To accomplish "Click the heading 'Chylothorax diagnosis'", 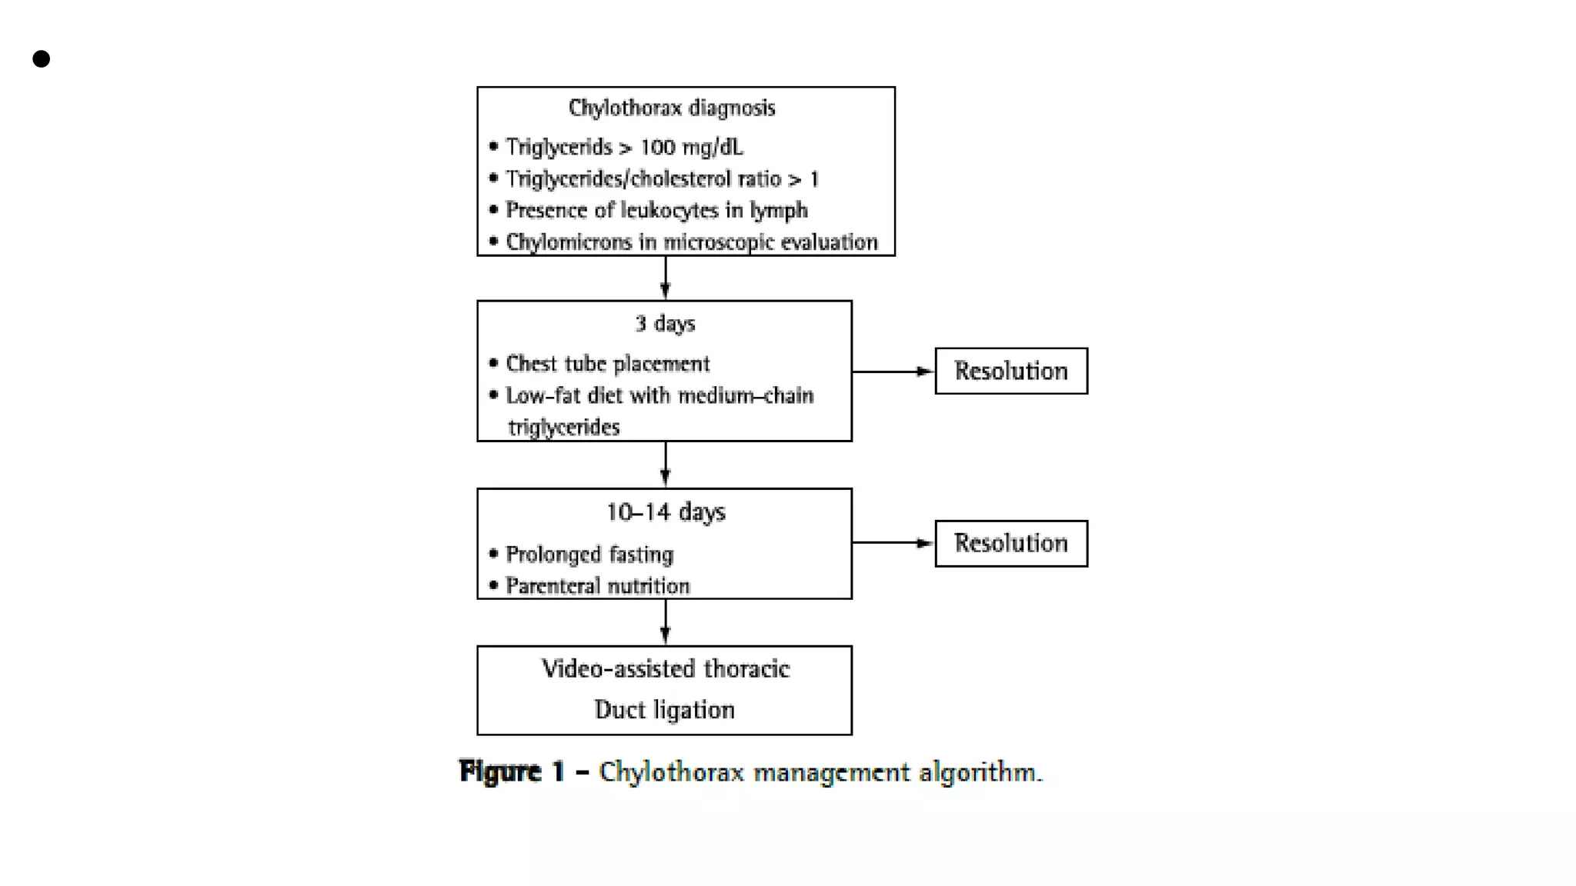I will click(x=671, y=108).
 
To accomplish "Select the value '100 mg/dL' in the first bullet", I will click(x=691, y=147).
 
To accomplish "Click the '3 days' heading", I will click(x=665, y=324).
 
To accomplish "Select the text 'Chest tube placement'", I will click(x=607, y=364).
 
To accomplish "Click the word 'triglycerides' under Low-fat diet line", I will click(x=563, y=428).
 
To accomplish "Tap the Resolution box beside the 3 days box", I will click(x=1010, y=371).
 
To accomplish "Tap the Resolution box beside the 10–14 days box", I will click(x=1010, y=544).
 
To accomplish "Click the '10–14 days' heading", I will click(x=665, y=512).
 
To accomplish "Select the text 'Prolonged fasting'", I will click(x=589, y=555).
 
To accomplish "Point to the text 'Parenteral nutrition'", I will click(x=597, y=587).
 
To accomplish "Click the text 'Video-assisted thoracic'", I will click(x=665, y=669).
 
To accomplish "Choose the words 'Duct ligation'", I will click(x=664, y=710).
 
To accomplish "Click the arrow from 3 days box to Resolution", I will click(x=893, y=371).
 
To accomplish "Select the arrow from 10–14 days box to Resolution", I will click(x=893, y=543).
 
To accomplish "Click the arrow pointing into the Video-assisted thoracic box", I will click(x=666, y=622).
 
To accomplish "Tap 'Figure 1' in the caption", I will click(x=511, y=771).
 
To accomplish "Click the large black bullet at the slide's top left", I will click(x=42, y=59).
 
